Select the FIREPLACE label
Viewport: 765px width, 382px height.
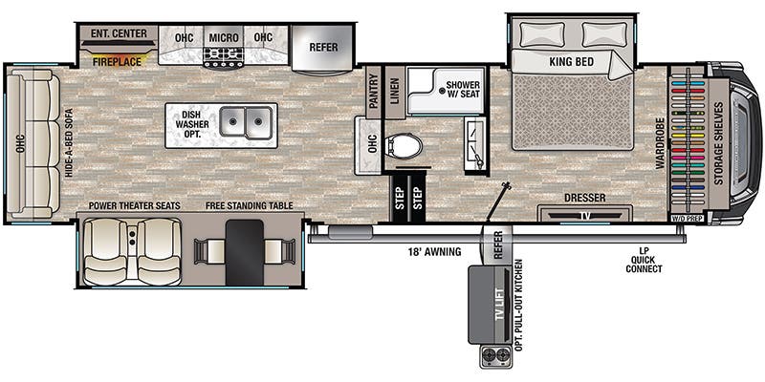coord(118,61)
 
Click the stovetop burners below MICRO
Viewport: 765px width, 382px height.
coord(225,59)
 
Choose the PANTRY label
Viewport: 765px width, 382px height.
coord(373,92)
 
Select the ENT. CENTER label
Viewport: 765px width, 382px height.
coord(119,34)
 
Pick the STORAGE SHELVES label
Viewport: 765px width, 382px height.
coord(716,139)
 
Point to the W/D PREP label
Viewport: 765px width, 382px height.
coord(687,219)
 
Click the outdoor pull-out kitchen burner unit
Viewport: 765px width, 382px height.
coord(495,356)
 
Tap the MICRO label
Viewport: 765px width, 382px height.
coord(224,37)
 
